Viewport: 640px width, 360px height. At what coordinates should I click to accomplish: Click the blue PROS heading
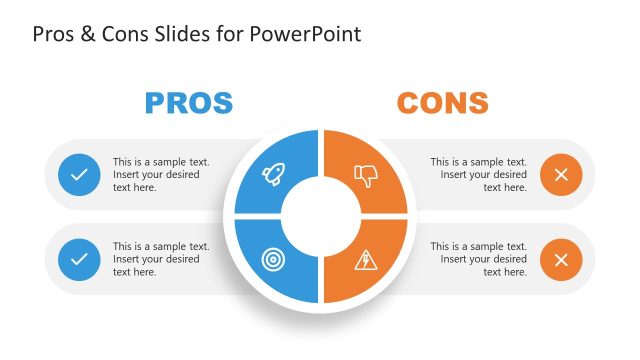pyautogui.click(x=189, y=102)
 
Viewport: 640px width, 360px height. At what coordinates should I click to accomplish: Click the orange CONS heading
pyautogui.click(x=442, y=102)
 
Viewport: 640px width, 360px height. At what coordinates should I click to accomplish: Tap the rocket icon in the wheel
pyautogui.click(x=273, y=175)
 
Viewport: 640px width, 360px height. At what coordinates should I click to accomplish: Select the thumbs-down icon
pyautogui.click(x=367, y=176)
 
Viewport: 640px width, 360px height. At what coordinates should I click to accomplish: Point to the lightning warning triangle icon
pyautogui.click(x=366, y=260)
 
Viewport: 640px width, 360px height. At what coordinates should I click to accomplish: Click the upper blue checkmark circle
pyautogui.click(x=79, y=175)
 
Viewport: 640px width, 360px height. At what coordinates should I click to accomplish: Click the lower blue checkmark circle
pyautogui.click(x=79, y=260)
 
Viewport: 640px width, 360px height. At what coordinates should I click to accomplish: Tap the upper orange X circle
pyautogui.click(x=561, y=175)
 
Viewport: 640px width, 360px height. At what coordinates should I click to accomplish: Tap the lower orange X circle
pyautogui.click(x=561, y=260)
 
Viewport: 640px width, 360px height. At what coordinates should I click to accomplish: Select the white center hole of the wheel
pyautogui.click(x=320, y=216)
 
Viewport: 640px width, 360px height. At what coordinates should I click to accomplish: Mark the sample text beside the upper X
pyautogui.click(x=479, y=175)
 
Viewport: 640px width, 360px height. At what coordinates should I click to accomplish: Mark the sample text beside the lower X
pyautogui.click(x=479, y=260)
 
